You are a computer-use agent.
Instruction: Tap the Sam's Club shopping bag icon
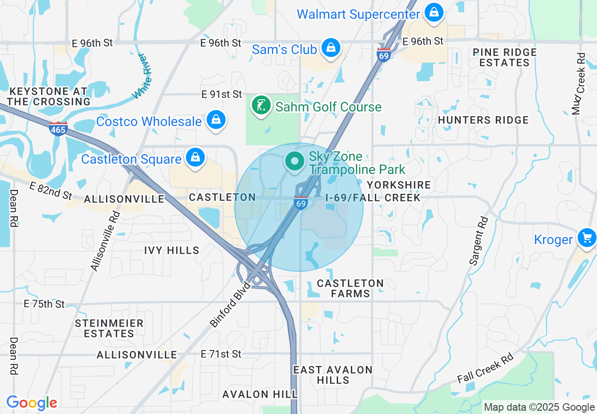(x=331, y=48)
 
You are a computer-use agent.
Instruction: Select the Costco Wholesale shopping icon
(x=216, y=120)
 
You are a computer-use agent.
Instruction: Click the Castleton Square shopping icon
(x=195, y=158)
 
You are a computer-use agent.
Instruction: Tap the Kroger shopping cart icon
(x=587, y=238)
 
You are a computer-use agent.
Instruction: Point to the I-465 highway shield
(x=58, y=128)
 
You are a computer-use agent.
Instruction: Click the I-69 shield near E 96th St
(x=384, y=55)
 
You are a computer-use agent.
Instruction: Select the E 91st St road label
(x=221, y=95)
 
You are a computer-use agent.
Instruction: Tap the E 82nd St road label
(x=50, y=190)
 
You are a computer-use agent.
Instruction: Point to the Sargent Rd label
(x=477, y=240)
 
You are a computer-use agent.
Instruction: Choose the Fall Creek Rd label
(x=485, y=368)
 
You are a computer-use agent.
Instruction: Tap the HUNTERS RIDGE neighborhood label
(x=483, y=120)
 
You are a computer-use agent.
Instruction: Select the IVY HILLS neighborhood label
(x=172, y=250)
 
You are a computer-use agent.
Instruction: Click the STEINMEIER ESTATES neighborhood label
(x=109, y=328)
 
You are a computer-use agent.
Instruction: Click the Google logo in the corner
(x=32, y=403)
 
